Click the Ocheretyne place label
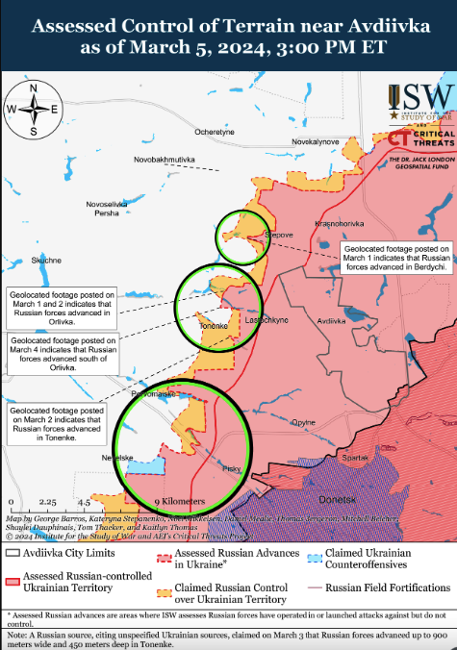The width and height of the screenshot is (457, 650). [x=214, y=132]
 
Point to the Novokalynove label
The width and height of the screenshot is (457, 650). [x=316, y=141]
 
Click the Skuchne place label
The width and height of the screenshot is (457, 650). [x=46, y=260]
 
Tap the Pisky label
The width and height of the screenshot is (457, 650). [x=231, y=469]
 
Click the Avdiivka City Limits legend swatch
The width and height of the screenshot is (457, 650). [x=13, y=554]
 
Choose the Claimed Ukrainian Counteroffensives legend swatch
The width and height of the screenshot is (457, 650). [x=314, y=554]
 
